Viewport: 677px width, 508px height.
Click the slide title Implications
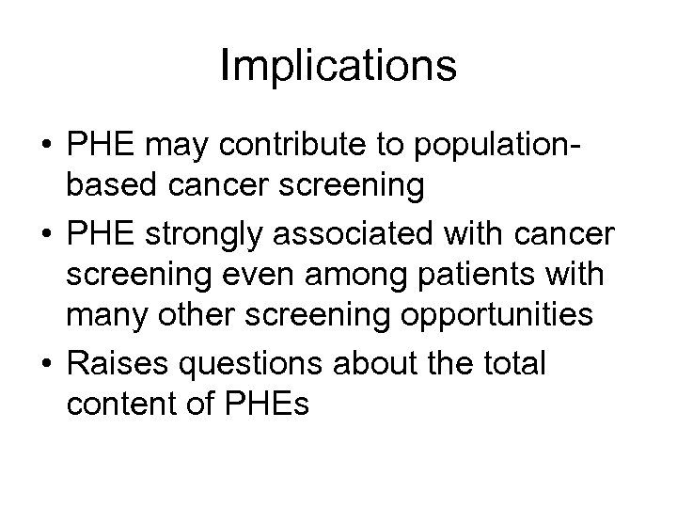coord(338,67)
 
